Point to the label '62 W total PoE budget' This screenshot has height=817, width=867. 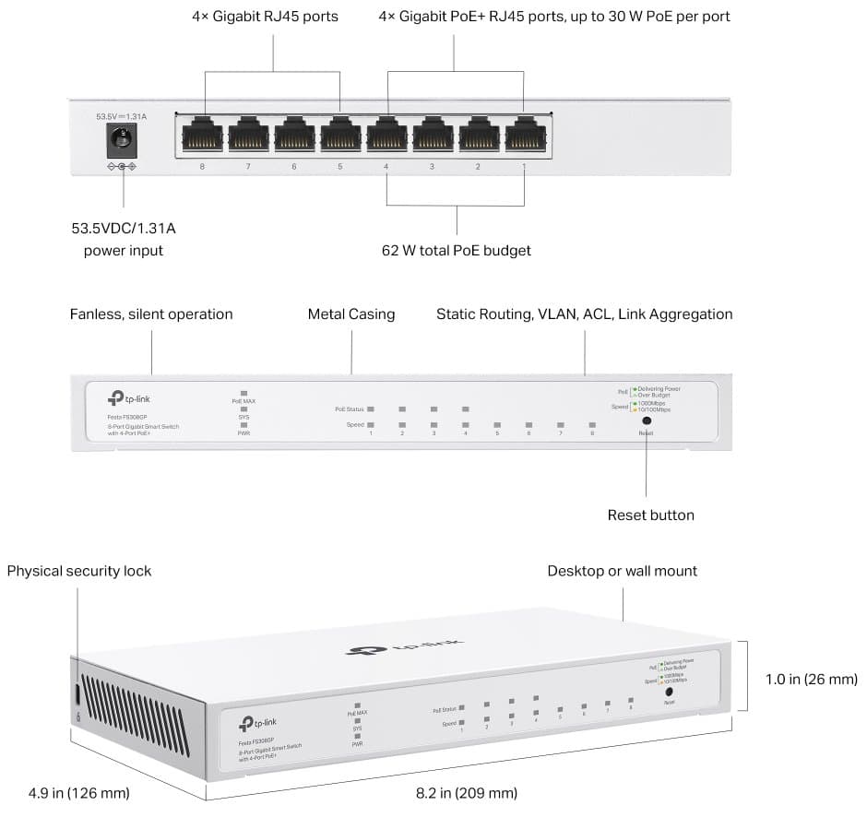coord(457,251)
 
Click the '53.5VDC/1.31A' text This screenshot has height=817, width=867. coord(124,228)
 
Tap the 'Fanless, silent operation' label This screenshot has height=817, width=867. coord(151,314)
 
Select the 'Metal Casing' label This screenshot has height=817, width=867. coord(350,314)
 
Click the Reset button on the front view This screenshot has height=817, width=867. coord(646,420)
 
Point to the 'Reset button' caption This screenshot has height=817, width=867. coord(650,515)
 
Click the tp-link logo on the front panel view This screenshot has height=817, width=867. coord(130,397)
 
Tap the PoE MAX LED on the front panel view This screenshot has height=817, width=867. coord(244,395)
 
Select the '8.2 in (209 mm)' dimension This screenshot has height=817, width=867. coord(464,793)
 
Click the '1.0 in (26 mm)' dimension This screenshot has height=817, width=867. coord(811,679)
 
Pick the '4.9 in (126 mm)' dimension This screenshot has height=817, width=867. coord(78,793)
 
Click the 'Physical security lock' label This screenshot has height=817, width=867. coord(79,571)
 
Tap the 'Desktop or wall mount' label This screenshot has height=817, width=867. coord(622,571)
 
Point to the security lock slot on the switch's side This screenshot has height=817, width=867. coord(77,693)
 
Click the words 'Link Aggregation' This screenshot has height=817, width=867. coord(675,314)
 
